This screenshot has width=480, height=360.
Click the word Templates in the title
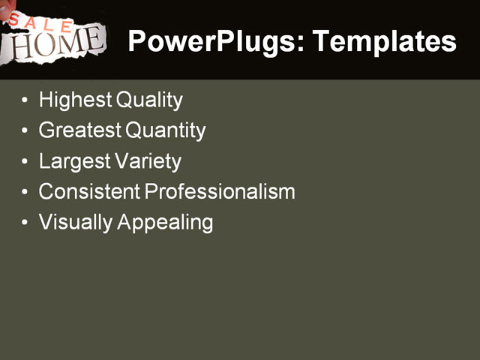pos(384,41)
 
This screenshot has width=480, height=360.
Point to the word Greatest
pos(80,130)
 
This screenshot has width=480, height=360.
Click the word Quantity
pos(166,130)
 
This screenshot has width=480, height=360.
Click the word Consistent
pos(89,192)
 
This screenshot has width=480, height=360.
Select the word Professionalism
pos(220,192)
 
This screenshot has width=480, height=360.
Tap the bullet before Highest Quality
pos(27,100)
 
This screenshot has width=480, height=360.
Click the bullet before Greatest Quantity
pos(27,131)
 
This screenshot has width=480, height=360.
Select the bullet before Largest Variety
pos(27,162)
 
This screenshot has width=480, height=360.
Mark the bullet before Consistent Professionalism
pos(27,193)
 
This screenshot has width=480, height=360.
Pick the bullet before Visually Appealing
pos(27,223)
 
